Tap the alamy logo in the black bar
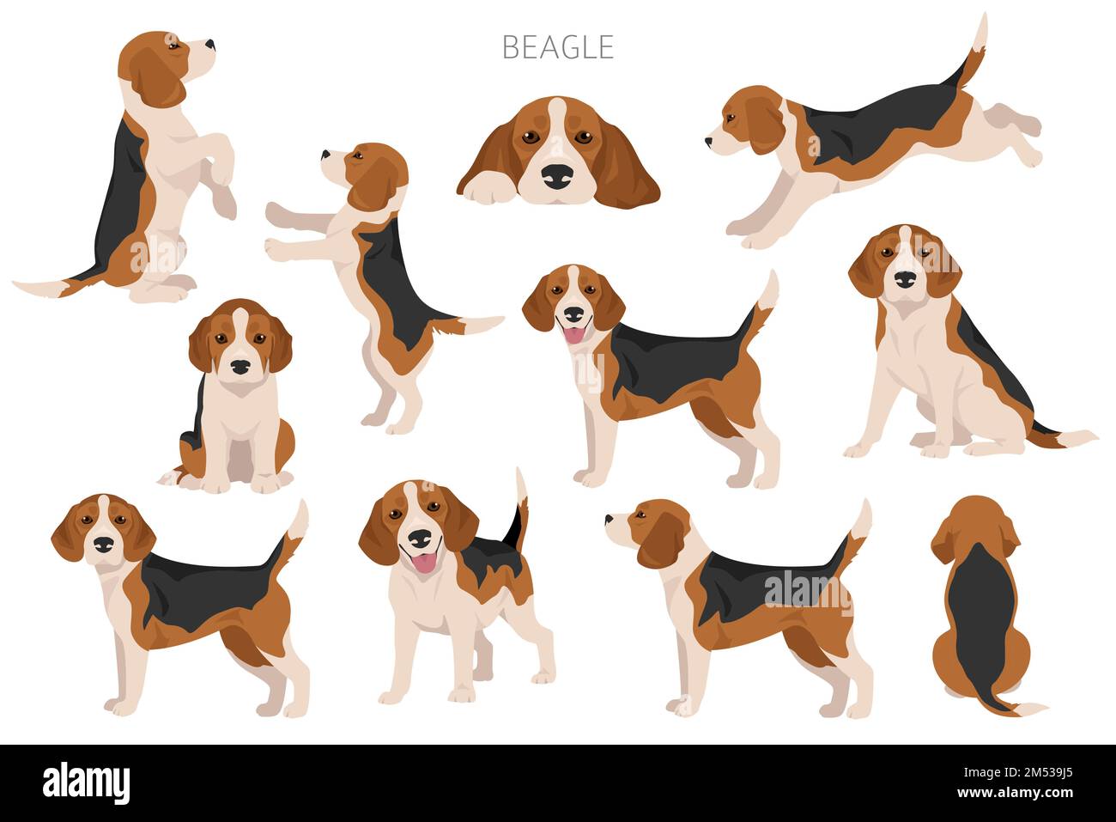[87, 782]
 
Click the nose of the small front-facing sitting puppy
[240, 367]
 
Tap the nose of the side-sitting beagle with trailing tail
[905, 279]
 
